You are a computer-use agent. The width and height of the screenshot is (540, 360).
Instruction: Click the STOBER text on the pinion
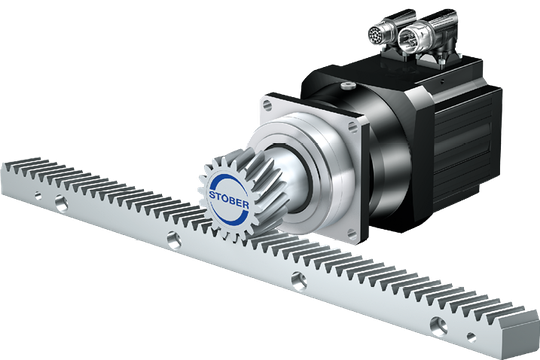click(x=229, y=200)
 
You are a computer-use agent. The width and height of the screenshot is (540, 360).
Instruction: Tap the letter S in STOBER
click(x=212, y=195)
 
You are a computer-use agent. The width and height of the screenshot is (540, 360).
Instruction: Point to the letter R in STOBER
click(x=246, y=205)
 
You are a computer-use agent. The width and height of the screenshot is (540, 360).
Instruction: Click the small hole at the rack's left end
click(x=38, y=196)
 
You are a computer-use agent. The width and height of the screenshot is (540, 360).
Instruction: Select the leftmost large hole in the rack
click(x=61, y=204)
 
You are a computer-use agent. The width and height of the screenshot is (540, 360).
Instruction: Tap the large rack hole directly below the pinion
click(x=174, y=240)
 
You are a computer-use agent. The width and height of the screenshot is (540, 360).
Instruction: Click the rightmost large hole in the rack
click(x=438, y=326)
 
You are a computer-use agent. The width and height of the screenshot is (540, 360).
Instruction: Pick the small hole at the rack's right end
click(x=471, y=337)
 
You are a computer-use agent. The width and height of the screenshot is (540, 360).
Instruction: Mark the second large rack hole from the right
click(x=299, y=281)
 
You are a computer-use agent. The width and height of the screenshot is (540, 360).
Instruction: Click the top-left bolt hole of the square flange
click(x=267, y=104)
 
